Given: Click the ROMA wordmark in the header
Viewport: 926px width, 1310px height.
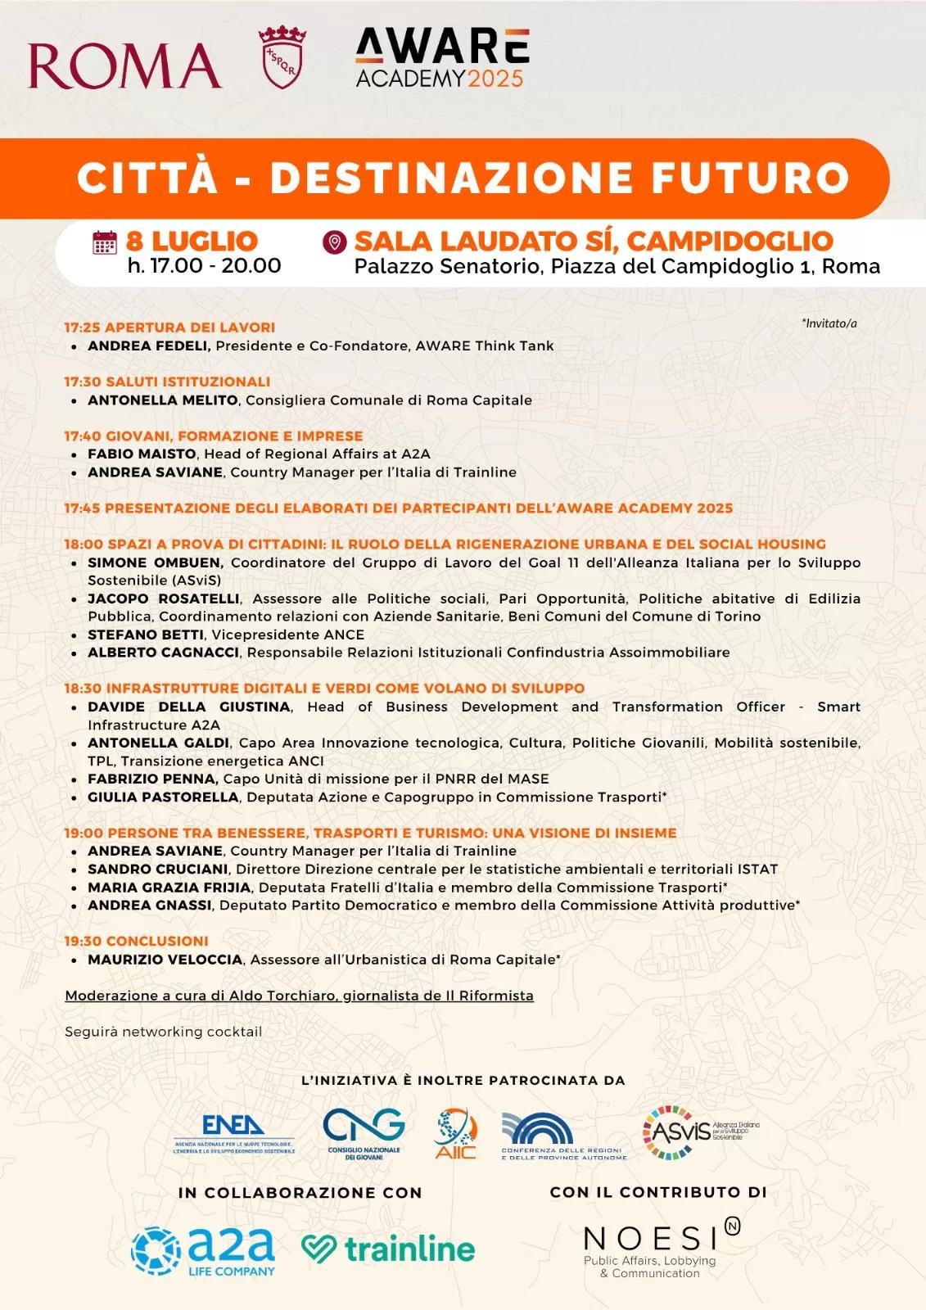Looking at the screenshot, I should coord(124,65).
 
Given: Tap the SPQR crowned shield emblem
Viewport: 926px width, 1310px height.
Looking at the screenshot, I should coord(282,56).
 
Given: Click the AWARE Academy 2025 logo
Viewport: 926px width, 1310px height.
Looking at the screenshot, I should coord(442,58).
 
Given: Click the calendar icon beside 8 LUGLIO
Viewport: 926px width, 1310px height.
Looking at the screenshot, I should coord(105,242).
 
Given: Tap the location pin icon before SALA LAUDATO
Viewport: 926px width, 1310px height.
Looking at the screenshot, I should coord(334,242).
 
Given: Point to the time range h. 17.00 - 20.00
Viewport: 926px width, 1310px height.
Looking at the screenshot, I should coord(204,265).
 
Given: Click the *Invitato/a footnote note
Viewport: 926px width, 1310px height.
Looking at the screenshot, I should coord(829,323).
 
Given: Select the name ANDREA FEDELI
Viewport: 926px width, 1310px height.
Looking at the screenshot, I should coord(148,346).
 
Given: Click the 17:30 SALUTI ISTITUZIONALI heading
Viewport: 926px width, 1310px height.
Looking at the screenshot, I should coord(167,382).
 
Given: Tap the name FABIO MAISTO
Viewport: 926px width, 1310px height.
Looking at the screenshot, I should coord(142,454).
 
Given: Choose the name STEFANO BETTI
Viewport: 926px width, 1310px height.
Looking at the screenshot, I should coord(146,635).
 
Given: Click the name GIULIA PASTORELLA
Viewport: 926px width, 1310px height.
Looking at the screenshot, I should coord(163,797).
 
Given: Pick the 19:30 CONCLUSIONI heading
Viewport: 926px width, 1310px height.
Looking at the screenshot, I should coord(136,941).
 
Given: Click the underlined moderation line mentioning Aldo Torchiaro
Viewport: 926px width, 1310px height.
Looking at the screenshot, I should coord(299,996).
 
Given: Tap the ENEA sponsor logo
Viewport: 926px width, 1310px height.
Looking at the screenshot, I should coord(234,1133).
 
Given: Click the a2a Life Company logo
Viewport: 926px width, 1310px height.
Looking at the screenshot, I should coord(203,1250).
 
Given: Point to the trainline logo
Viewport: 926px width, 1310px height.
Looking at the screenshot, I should coord(388,1249).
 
